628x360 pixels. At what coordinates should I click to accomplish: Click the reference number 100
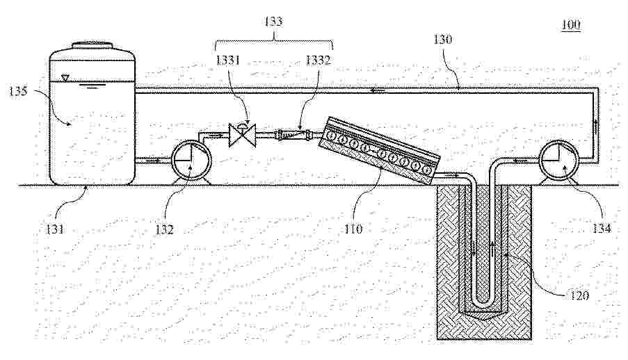pos(571,25)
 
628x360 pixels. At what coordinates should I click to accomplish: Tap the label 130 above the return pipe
pos(442,40)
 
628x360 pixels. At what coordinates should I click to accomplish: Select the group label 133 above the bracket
pos(274,22)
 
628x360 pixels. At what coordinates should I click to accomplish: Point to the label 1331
pos(228,60)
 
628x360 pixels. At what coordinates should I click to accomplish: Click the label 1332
pos(319,60)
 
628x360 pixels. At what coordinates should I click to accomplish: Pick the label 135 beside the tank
pos(18,91)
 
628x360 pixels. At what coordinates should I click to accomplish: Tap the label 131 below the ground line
pos(54,229)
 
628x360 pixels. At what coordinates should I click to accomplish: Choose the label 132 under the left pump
pos(164,229)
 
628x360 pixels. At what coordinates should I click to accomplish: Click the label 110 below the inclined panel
pos(353,229)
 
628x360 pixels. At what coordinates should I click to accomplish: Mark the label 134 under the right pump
pos(602,229)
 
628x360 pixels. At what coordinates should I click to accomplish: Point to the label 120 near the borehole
pos(579,295)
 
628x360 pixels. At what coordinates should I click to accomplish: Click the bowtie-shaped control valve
pos(242,136)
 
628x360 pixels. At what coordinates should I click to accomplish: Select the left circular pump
pos(191,160)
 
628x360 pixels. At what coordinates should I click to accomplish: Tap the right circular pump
pos(558,160)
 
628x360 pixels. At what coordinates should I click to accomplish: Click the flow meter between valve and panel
pos(290,135)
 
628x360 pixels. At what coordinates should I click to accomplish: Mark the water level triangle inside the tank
pos(66,78)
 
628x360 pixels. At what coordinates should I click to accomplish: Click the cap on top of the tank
pos(92,44)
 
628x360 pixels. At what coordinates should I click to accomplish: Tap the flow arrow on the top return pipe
pos(378,91)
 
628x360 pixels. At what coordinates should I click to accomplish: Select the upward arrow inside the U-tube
pos(492,248)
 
